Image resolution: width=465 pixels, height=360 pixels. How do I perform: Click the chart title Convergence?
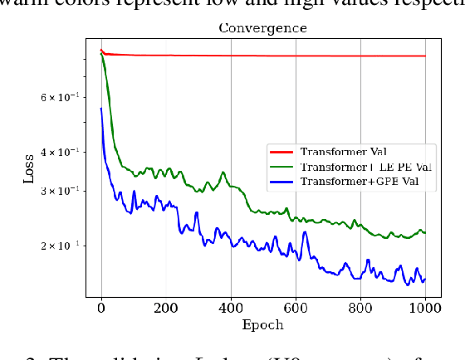click(x=262, y=28)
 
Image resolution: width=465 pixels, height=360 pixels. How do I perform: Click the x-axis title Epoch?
click(x=262, y=325)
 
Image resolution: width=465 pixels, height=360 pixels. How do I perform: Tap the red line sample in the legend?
click(x=282, y=153)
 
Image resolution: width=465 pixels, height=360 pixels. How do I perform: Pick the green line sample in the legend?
click(x=282, y=167)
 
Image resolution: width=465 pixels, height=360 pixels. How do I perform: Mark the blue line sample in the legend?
click(x=282, y=181)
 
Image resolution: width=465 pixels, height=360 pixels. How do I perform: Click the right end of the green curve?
click(x=425, y=233)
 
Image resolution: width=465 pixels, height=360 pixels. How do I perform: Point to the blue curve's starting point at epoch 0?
click(x=101, y=108)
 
